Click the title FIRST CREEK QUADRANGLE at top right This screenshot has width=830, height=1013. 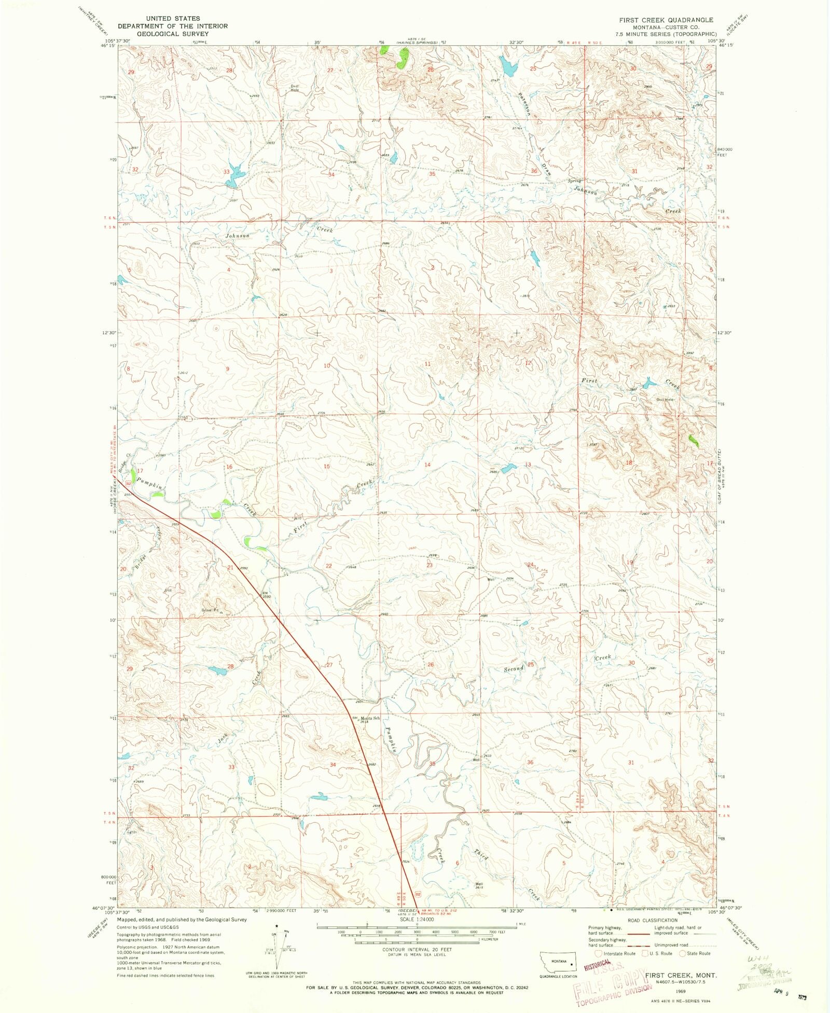[666, 20]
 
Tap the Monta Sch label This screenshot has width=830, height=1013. [370, 718]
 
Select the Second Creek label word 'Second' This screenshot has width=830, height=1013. [514, 669]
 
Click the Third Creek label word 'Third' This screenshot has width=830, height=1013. [481, 854]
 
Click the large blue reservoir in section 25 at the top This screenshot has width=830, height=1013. [508, 66]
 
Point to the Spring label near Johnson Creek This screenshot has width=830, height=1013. [574, 181]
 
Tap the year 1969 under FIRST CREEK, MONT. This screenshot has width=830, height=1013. [681, 991]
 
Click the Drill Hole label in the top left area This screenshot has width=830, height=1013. [295, 88]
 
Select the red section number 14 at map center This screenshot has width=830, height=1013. [427, 464]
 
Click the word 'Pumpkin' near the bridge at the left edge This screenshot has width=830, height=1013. [149, 484]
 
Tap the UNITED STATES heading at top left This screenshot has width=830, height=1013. [173, 18]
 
